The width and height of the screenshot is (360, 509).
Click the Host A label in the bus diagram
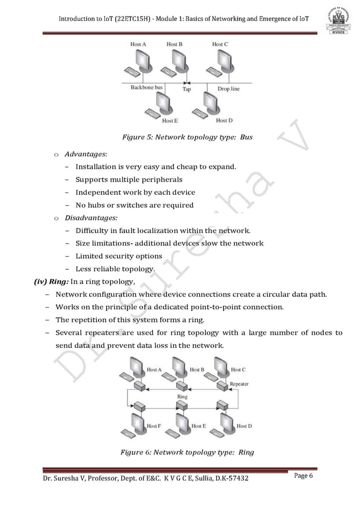pyautogui.click(x=139, y=44)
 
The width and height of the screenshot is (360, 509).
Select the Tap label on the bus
pyautogui.click(x=186, y=89)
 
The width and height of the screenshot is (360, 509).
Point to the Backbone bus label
pyautogui.click(x=147, y=88)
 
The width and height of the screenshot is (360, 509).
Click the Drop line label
pyautogui.click(x=229, y=89)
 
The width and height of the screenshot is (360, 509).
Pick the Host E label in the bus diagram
pyautogui.click(x=170, y=120)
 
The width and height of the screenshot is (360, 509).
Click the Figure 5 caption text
pyautogui.click(x=187, y=137)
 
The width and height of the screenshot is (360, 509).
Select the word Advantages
pyautogui.click(x=85, y=153)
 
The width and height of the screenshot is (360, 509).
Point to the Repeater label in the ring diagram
pyautogui.click(x=239, y=384)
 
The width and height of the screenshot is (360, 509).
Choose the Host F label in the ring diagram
pyautogui.click(x=154, y=426)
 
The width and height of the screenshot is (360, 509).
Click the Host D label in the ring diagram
pyautogui.click(x=244, y=426)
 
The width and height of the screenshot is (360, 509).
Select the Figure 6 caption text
pyautogui.click(x=187, y=451)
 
